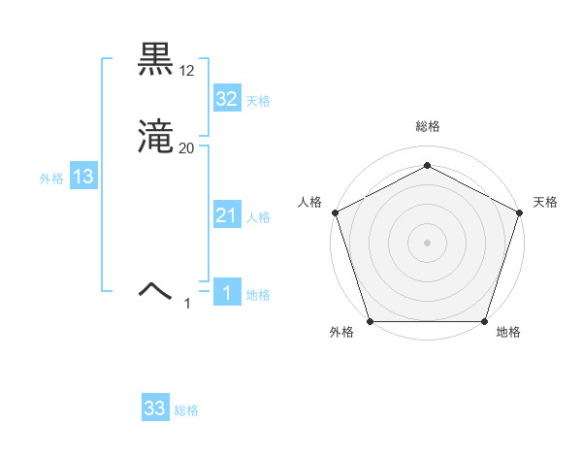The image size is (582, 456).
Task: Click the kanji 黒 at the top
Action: (156, 59)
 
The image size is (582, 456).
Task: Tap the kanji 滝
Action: (156, 138)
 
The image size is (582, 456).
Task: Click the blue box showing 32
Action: (226, 99)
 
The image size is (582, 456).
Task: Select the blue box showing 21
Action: (226, 215)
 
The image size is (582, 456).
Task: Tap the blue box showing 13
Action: (83, 177)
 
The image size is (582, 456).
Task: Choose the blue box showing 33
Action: (155, 408)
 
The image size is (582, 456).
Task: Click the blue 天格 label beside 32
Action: (258, 101)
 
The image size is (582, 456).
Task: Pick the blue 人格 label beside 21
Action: (258, 217)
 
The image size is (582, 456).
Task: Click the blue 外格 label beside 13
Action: (51, 179)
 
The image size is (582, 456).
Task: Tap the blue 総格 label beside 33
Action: (186, 410)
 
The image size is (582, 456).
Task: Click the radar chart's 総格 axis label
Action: (427, 127)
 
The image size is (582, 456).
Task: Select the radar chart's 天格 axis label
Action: (545, 202)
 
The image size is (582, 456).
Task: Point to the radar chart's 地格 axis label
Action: (508, 333)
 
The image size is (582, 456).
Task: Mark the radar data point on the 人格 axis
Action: (335, 212)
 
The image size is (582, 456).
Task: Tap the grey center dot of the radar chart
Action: (427, 242)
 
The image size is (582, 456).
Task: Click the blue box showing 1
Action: (226, 293)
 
